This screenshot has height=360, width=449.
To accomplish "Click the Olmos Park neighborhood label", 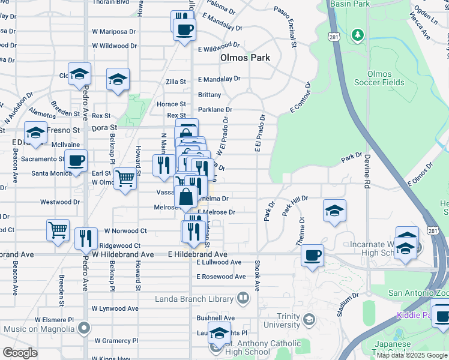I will click(x=245, y=58).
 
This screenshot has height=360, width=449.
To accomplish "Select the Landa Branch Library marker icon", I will click(x=243, y=297).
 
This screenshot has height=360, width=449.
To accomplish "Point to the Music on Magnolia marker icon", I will click(x=84, y=328).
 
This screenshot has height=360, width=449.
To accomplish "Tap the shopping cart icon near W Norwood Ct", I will click(x=58, y=229).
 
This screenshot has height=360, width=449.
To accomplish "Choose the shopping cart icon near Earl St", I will click(x=125, y=178).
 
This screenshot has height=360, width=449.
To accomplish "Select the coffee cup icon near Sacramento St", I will click(x=76, y=160).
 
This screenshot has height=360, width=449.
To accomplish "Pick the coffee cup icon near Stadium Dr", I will click(x=312, y=255).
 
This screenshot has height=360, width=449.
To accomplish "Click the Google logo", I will click(x=20, y=353).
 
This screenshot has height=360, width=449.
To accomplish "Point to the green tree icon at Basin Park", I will click(x=358, y=35).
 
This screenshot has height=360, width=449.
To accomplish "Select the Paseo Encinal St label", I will click(x=285, y=27).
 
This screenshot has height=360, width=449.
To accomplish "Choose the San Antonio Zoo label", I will click(x=418, y=293).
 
